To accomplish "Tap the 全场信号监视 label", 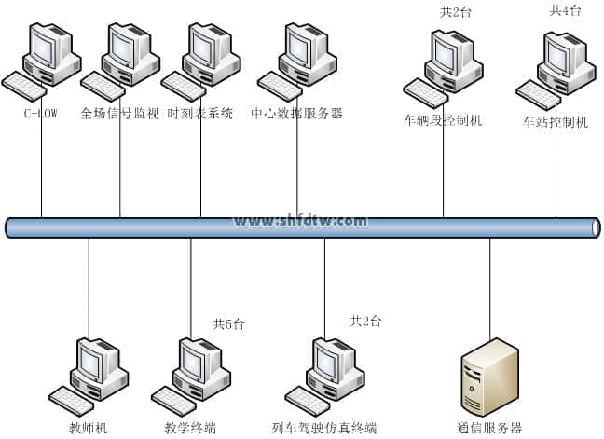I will tap(120, 114).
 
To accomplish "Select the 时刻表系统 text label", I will tap(200, 114).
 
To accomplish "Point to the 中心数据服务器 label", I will tap(296, 114).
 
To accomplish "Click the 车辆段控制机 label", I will tap(443, 121).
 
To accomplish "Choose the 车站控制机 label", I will tap(556, 122).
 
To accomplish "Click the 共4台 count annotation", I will tap(565, 11).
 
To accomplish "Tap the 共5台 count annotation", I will tap(228, 324).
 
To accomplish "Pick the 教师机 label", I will tap(89, 428).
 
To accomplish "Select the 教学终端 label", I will tap(190, 428).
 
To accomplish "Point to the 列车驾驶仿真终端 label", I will tap(324, 428).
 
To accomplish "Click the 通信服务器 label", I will tap(489, 428).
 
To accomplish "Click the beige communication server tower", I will tap(489, 377).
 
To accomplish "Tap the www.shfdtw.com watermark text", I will tap(300, 221).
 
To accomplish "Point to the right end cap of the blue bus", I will tap(595, 227).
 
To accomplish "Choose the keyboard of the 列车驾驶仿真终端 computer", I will tap(307, 400).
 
